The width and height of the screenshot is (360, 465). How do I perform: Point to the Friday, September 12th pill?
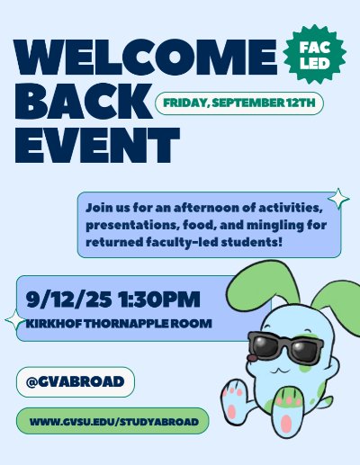[238, 103]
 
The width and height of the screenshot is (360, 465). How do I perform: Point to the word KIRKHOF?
[58, 324]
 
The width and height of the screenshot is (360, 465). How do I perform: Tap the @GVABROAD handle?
[74, 381]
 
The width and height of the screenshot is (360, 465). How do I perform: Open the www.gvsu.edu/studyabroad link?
[112, 421]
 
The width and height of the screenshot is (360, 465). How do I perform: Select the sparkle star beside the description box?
[338, 199]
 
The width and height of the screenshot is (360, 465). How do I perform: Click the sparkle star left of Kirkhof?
[15, 319]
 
